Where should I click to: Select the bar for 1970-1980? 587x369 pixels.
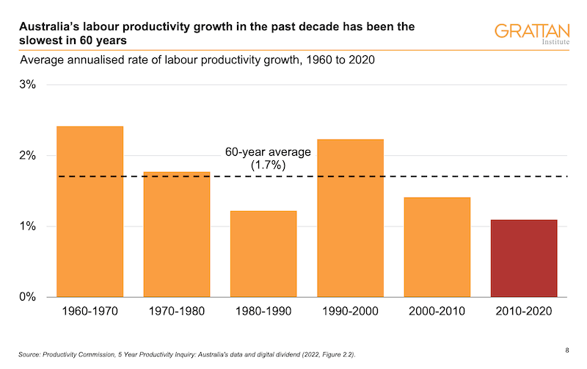coord(177,234)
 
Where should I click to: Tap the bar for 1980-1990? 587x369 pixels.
coord(263,254)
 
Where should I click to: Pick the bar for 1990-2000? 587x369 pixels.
coord(350,218)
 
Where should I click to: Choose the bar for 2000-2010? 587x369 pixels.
coord(437,247)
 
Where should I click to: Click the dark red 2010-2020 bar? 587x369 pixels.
coord(524,258)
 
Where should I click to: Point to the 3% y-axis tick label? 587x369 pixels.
coord(27,85)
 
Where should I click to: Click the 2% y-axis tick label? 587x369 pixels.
coord(27,156)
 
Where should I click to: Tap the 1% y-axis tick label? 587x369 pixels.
coord(27,226)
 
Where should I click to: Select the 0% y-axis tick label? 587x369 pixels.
coord(27,297)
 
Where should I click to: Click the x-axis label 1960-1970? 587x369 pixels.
coord(90,312)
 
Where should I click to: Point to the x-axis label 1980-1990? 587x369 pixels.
coord(263,312)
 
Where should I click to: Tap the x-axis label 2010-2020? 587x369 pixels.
coord(524,312)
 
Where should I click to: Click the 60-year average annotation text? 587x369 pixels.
coord(268,152)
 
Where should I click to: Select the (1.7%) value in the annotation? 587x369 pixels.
coord(268,165)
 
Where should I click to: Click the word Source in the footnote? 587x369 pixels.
coord(32,355)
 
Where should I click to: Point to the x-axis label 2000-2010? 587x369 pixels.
coord(437,312)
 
